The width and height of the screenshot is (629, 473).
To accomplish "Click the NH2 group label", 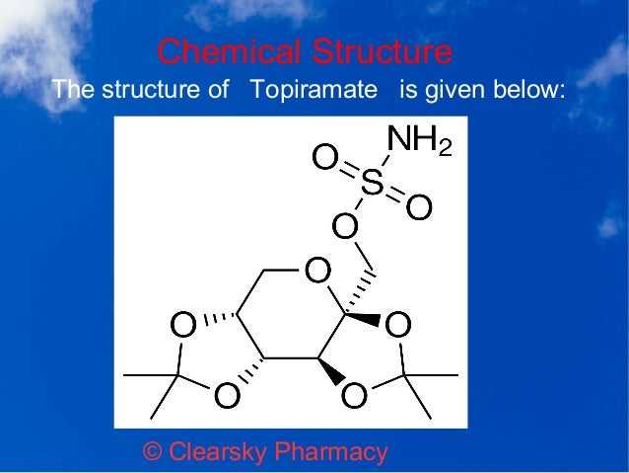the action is coord(420,141).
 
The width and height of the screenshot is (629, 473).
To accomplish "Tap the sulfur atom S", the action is coord(372,182).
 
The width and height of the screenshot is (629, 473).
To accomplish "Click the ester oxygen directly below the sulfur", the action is coord(344,228).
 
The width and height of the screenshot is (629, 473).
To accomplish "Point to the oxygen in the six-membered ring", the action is coord(315,270).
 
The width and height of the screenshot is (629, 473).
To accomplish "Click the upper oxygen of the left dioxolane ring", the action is coord(182,324).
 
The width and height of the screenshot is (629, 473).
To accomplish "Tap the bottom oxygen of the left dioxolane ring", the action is coord(226,395).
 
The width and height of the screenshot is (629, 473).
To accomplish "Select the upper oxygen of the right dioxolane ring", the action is coord(398,324).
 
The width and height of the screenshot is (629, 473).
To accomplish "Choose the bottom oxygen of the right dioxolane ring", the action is coord(354,395).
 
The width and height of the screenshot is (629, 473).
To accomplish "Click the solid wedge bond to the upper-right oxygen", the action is coord(364,318).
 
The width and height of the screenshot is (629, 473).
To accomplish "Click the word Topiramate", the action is coord(314,92).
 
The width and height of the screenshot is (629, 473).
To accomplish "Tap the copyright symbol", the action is coord(153,452).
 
